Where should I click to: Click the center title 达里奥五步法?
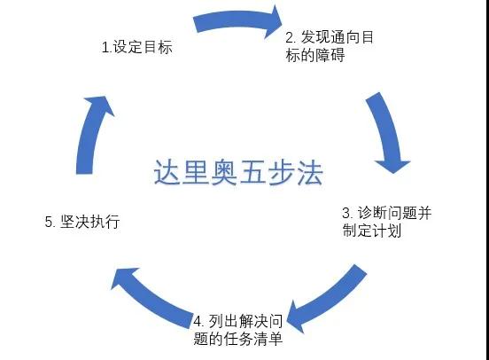pos(238,173)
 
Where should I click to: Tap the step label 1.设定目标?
pos(137,47)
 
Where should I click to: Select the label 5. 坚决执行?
pos(82,222)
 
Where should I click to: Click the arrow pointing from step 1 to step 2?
pos(237,20)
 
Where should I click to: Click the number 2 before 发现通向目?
pos(290,38)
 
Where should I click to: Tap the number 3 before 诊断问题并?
pos(346,214)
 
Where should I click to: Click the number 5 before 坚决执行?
pos(50,222)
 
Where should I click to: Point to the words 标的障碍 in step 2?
pos(315,56)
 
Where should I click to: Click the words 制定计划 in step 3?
pos(372,231)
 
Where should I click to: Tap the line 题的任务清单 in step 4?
pos(238,339)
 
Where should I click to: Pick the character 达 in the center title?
pos(167,173)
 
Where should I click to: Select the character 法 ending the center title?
pos(310,173)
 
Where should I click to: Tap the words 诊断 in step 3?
pos(372,213)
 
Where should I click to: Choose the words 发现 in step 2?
pos(315,37)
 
